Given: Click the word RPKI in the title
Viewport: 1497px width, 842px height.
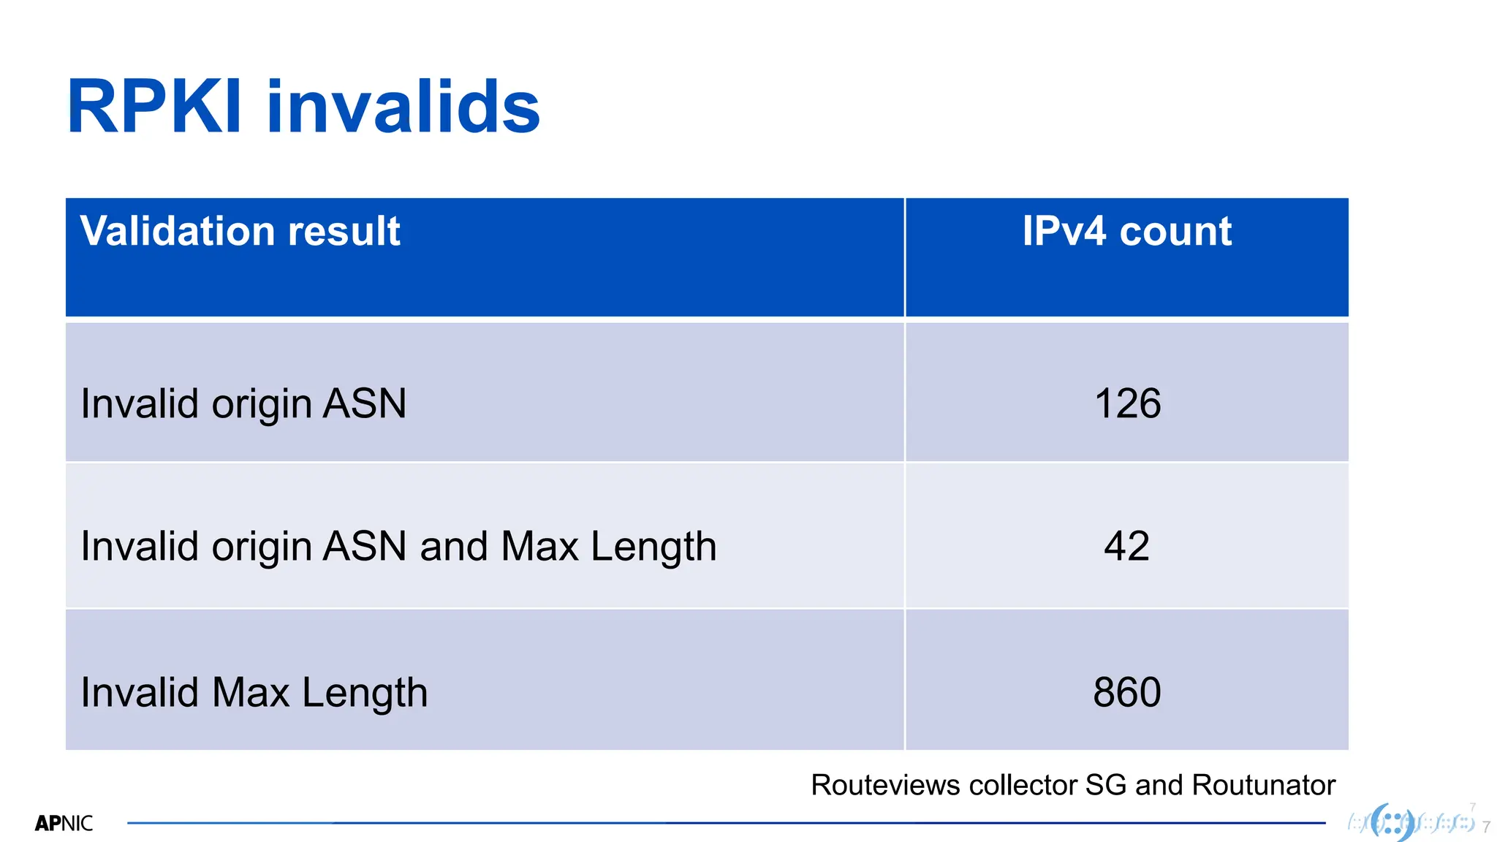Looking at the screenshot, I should pos(154,107).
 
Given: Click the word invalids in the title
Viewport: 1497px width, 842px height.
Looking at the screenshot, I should pos(403,107).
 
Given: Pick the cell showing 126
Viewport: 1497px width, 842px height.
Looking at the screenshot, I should pos(1127,403).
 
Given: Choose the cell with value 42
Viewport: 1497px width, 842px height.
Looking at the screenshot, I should pos(1126,546).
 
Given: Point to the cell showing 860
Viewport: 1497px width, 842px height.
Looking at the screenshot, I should pos(1126,692).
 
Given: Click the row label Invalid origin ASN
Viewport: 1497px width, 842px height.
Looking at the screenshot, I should pos(243,403).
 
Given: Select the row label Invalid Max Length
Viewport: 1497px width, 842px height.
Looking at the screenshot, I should pos(254,692).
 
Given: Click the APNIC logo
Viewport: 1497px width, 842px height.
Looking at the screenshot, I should pos(64,824).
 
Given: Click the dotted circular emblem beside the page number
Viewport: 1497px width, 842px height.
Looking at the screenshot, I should pos(1392,822).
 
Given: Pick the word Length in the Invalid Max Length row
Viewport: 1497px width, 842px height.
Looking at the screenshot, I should pos(364,692).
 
